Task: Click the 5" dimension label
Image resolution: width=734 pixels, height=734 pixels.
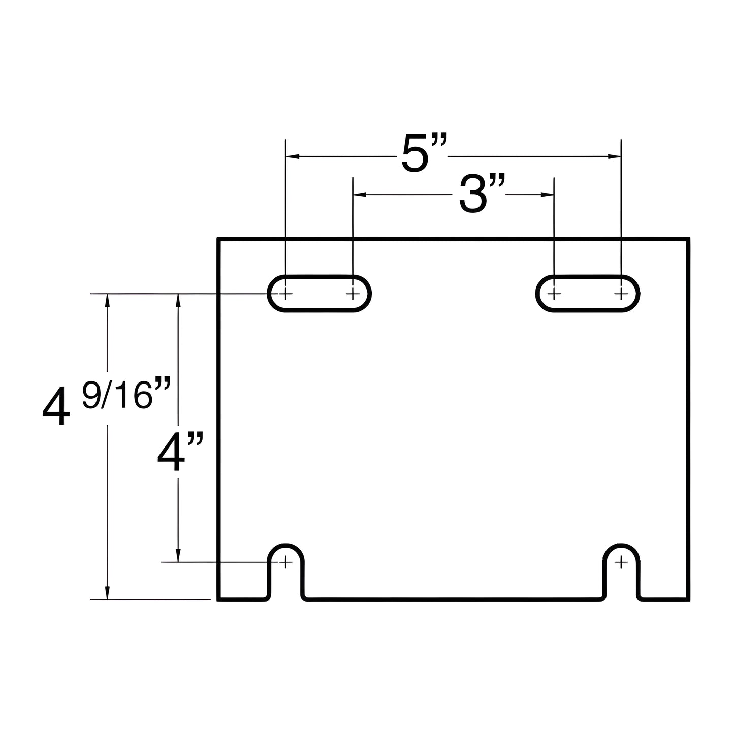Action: [x=424, y=152]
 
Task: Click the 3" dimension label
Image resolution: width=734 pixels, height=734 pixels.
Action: [x=482, y=194]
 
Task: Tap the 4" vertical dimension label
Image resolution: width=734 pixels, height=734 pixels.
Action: [x=180, y=451]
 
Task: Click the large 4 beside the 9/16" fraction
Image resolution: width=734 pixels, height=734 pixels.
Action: [x=56, y=406]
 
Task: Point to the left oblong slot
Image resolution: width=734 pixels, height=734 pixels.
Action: [x=319, y=294]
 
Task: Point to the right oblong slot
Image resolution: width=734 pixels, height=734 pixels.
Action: [x=588, y=294]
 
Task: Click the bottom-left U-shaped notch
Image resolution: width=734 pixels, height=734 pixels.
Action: [x=285, y=545]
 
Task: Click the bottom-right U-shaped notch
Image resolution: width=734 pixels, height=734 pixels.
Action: [x=621, y=545]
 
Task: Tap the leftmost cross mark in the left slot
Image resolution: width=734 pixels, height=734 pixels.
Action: [x=285, y=294]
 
